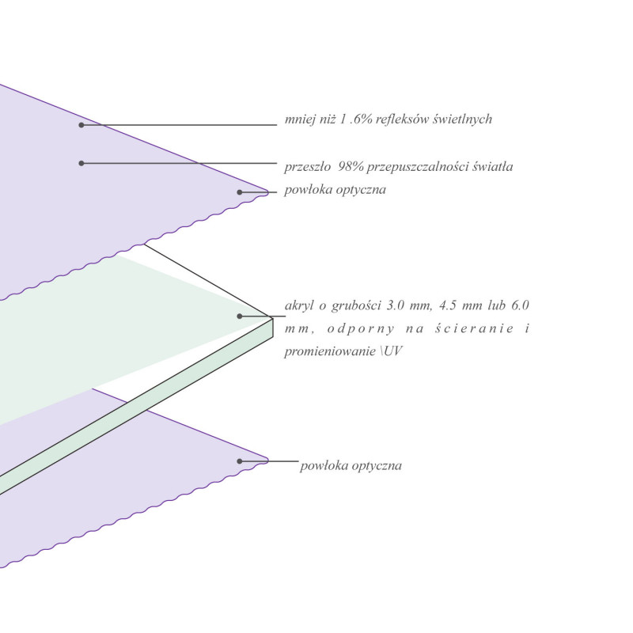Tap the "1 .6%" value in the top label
[356, 119]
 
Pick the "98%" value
[351, 166]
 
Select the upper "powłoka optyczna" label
[335, 190]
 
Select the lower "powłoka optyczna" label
[351, 466]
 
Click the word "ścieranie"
[475, 328]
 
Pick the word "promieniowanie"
[330, 351]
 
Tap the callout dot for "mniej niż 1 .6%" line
[81, 125]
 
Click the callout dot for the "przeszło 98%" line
[81, 164]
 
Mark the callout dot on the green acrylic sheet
[240, 316]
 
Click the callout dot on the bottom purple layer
[240, 461]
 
